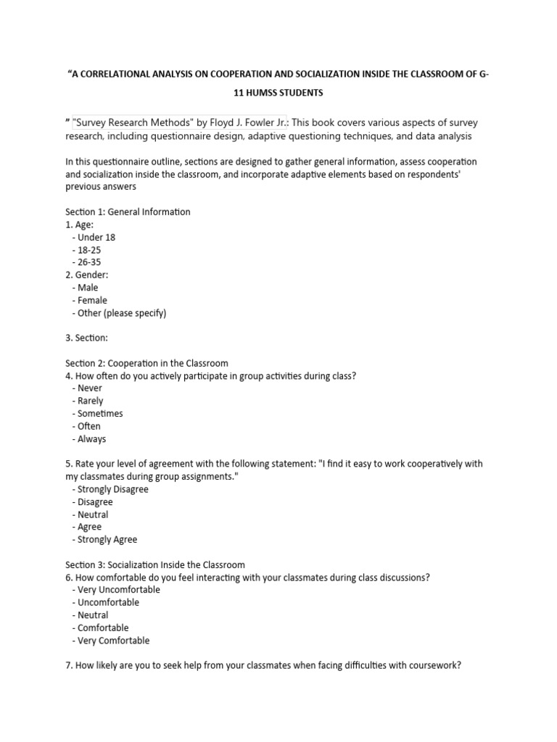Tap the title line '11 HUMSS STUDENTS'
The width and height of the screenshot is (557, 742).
pyautogui.click(x=278, y=94)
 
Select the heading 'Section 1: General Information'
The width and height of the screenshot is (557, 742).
pyautogui.click(x=128, y=212)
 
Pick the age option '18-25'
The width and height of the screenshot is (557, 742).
pyautogui.click(x=88, y=249)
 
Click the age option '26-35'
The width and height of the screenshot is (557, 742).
pyautogui.click(x=88, y=262)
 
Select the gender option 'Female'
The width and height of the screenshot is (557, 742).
pyautogui.click(x=92, y=300)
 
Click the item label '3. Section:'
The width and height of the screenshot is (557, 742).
pyautogui.click(x=86, y=338)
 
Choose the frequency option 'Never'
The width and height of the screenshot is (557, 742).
pyautogui.click(x=90, y=388)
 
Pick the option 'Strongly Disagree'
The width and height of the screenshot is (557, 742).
pyautogui.click(x=112, y=489)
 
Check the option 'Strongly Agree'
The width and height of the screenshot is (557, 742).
pyautogui.click(x=107, y=539)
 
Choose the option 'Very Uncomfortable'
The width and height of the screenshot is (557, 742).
pyautogui.click(x=118, y=590)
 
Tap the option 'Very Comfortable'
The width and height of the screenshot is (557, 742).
pyautogui.click(x=113, y=641)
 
